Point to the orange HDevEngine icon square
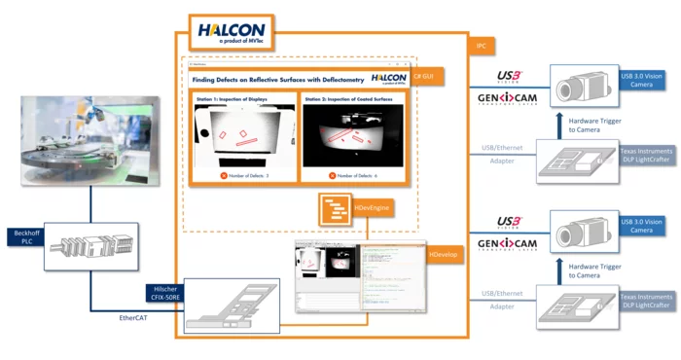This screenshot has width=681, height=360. point(333,208)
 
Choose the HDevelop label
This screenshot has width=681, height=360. point(444,255)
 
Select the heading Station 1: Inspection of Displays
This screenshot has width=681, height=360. point(238,99)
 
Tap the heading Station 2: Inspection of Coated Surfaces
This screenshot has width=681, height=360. point(351,99)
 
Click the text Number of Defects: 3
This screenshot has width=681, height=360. point(243,175)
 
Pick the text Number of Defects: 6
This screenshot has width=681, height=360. point(354,175)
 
